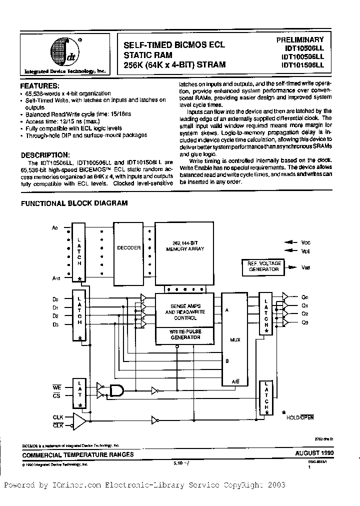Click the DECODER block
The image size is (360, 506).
[x=128, y=248]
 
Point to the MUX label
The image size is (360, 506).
[x=235, y=339]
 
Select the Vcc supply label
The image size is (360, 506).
[x=306, y=242]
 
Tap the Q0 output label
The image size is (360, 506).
[x=305, y=295]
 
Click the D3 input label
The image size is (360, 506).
[x=55, y=325]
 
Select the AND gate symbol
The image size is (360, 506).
[x=116, y=390]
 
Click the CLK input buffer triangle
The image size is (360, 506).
[x=79, y=421]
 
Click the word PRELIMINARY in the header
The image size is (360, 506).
[x=300, y=39]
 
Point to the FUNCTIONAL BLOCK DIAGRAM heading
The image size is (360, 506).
[x=73, y=203]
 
